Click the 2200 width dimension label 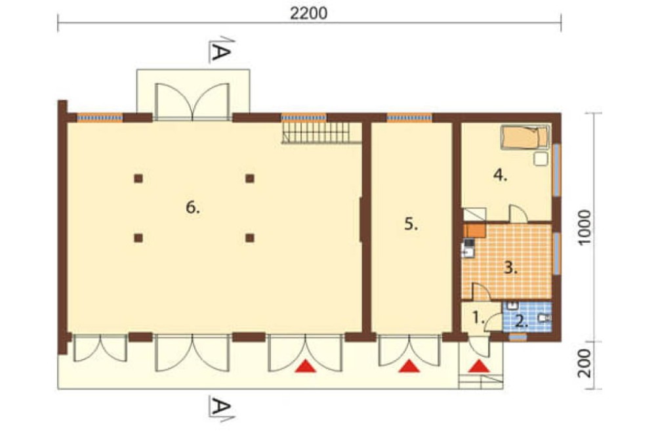tap(309, 13)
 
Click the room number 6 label tap(192, 207)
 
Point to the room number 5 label tap(411, 224)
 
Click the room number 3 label tap(510, 268)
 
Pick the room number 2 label tap(522, 322)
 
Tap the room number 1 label tap(478, 318)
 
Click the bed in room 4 tap(525, 137)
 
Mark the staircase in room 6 tap(321, 133)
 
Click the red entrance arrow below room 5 tap(409, 367)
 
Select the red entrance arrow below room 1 tap(479, 367)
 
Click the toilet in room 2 tap(544, 319)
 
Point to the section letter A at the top tap(221, 51)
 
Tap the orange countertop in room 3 tap(474, 231)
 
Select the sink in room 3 tap(468, 251)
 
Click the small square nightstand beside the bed tap(541, 159)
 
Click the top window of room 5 tap(409, 118)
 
